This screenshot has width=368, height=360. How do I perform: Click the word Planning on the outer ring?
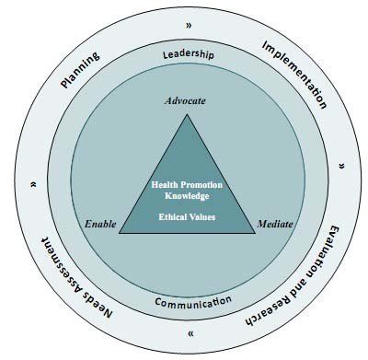tap(80, 70)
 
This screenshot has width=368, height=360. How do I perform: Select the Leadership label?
tap(188, 54)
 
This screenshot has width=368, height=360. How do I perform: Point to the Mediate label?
tap(275, 224)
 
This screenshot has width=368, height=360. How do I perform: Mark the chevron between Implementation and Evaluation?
tap(342, 166)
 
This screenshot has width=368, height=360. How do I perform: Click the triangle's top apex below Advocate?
tap(189, 114)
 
